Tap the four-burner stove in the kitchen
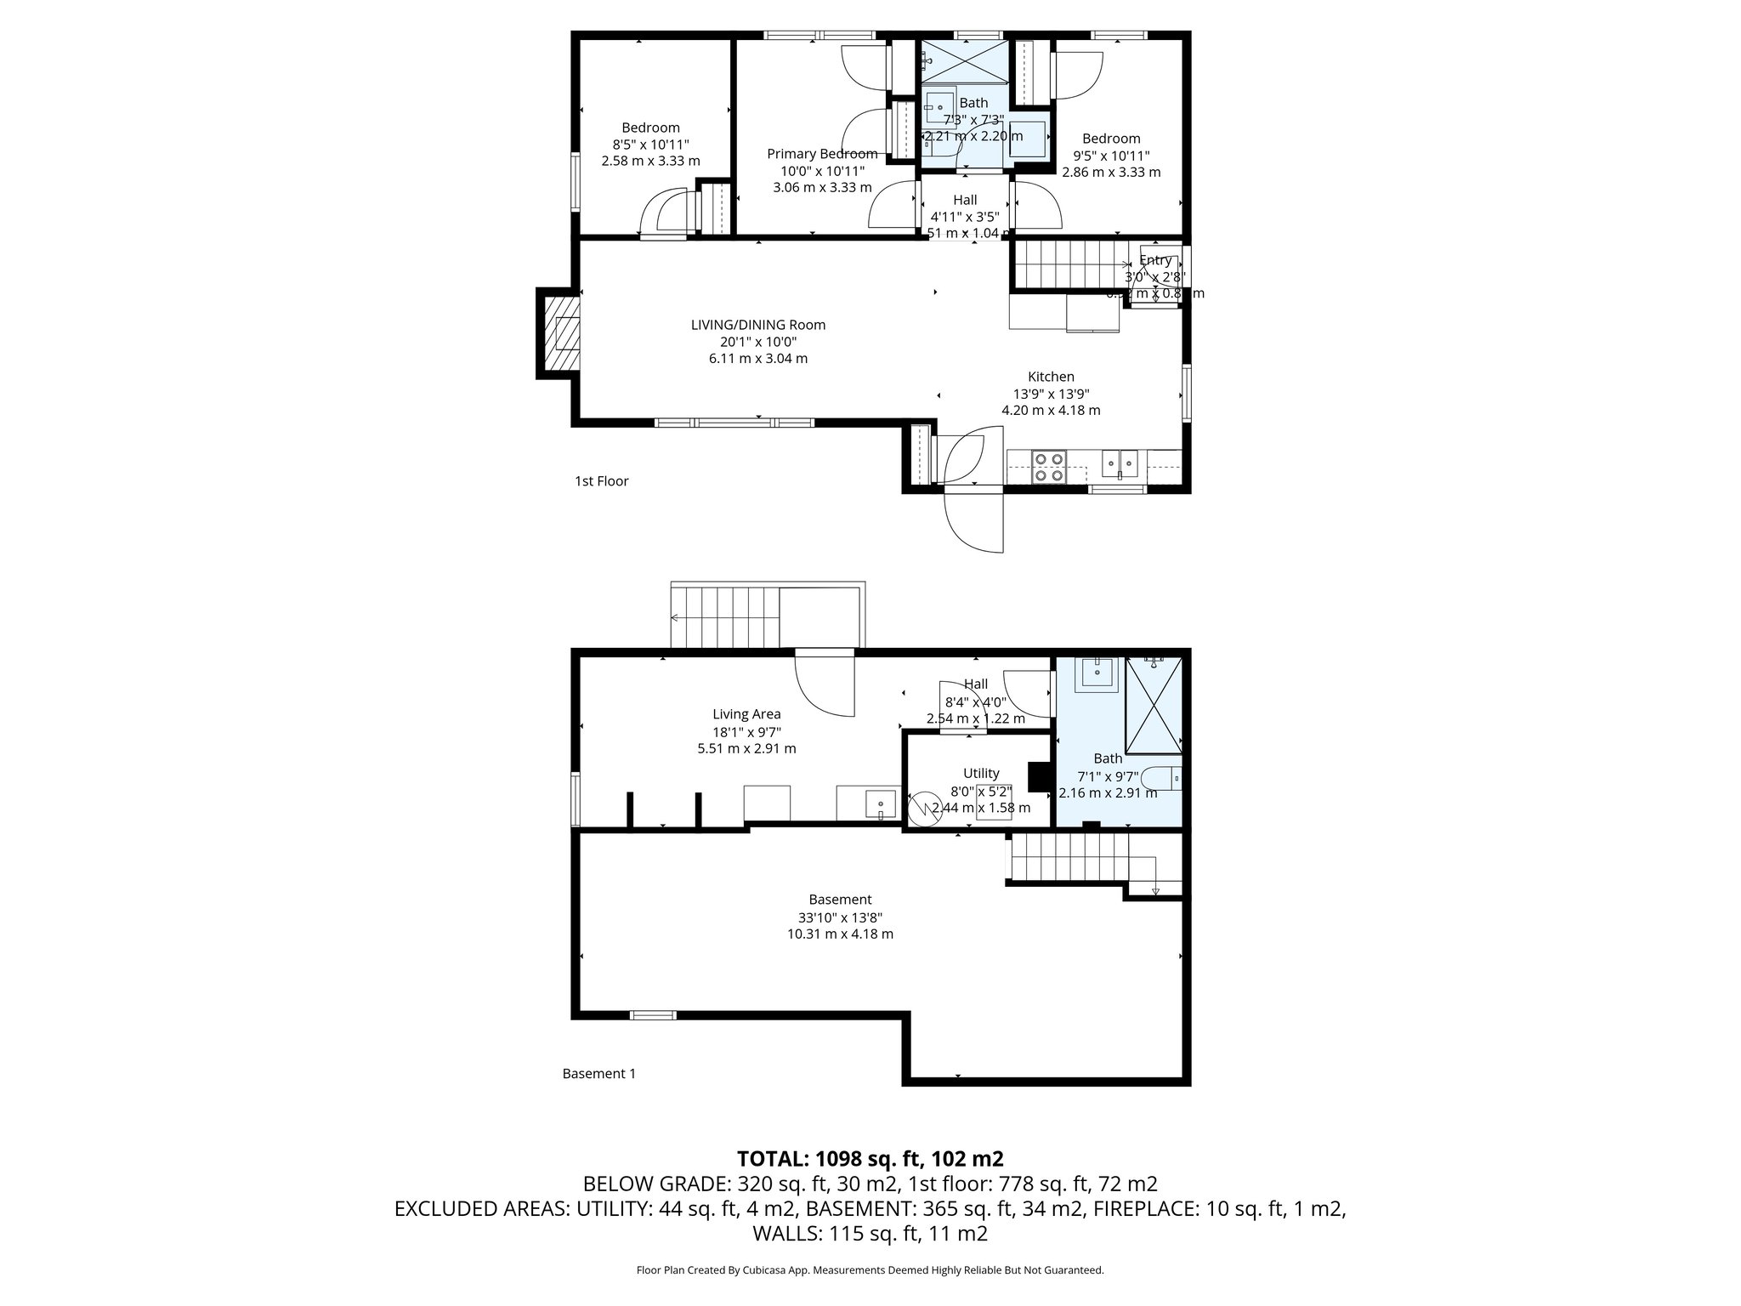[x=1048, y=468]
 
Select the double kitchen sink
[x=1120, y=463]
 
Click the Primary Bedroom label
[x=822, y=154]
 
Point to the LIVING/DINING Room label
[x=757, y=325]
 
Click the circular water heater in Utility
[x=922, y=809]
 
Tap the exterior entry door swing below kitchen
[x=973, y=520]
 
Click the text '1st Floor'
[x=601, y=481]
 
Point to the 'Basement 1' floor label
[x=598, y=1074]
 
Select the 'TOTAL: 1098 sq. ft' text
[x=869, y=1159]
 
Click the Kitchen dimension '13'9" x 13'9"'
[x=1051, y=394]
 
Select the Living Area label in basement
[x=746, y=714]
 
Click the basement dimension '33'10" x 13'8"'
[x=840, y=917]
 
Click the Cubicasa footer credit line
[x=870, y=1270]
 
